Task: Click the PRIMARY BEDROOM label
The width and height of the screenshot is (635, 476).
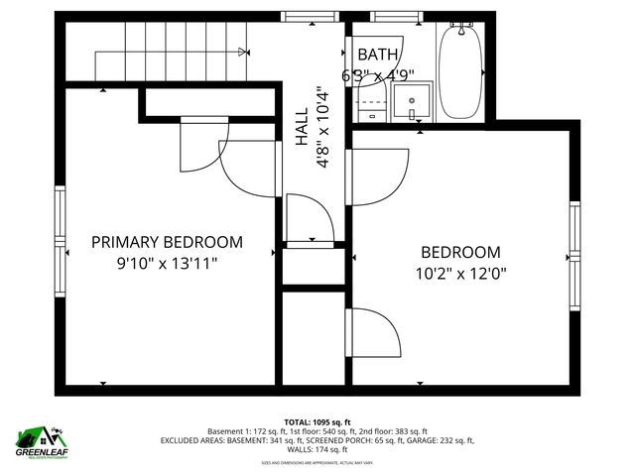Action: [x=167, y=242]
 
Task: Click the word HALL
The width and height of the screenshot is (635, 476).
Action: [x=303, y=129]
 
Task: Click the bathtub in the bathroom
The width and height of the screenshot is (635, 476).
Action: [x=460, y=71]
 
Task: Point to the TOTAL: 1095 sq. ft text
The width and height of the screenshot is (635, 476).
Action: [x=317, y=422]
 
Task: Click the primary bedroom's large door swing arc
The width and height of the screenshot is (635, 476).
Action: [x=248, y=169]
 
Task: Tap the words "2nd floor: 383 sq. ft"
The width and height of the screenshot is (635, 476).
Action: [x=390, y=432]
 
